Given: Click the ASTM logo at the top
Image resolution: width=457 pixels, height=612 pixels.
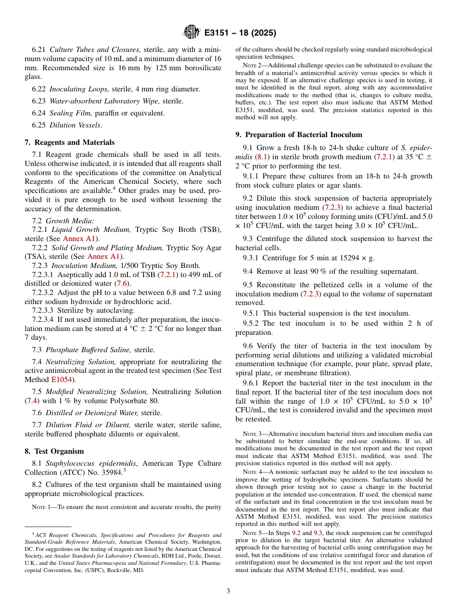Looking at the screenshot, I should coord(191,33).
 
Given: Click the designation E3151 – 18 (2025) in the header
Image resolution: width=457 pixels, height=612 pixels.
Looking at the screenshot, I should coord(240,33).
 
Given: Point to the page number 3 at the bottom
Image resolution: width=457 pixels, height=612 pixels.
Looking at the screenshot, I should coord(228,591).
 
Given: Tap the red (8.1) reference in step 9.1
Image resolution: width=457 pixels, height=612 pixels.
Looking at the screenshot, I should coord(262,157).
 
